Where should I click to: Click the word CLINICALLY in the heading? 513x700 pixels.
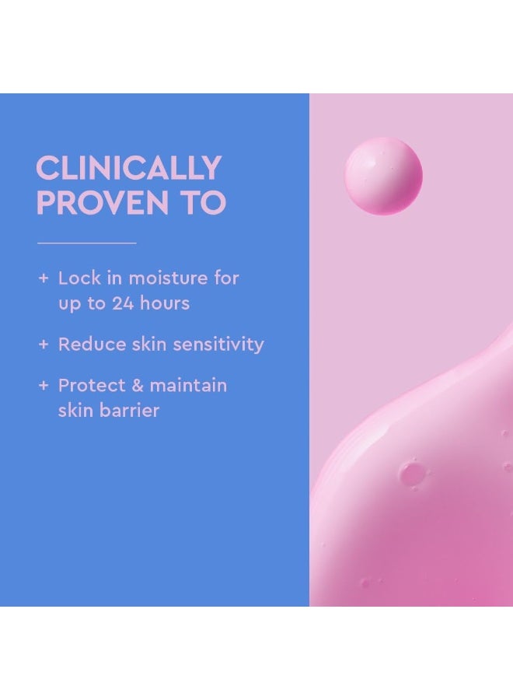click(x=129, y=169)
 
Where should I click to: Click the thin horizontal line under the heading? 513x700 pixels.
click(x=86, y=243)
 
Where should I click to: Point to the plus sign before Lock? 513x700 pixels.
click(x=44, y=278)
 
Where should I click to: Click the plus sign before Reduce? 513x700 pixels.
click(x=44, y=344)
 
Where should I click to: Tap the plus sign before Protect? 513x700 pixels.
click(x=44, y=385)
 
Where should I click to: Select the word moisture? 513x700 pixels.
click(x=167, y=278)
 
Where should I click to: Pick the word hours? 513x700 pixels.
click(x=166, y=303)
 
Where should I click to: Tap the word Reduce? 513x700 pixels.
click(x=91, y=344)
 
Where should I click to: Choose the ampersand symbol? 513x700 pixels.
click(x=134, y=385)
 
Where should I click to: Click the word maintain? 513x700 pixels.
click(x=189, y=385)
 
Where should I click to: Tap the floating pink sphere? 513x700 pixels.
click(x=383, y=176)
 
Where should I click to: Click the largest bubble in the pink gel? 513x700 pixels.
click(x=411, y=472)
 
